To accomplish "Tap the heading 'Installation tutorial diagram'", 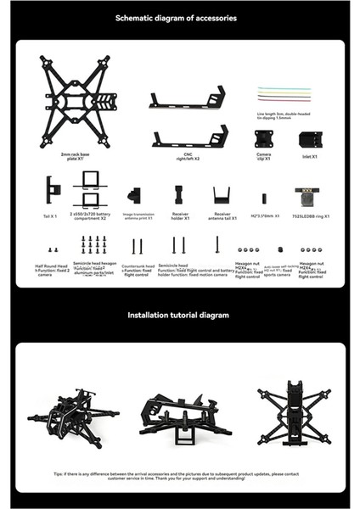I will pos(178,315).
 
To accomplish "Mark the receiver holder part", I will pos(178,194).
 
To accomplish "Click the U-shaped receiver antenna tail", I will pos(222,194).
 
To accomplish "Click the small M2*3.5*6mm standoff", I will pos(264,198).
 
